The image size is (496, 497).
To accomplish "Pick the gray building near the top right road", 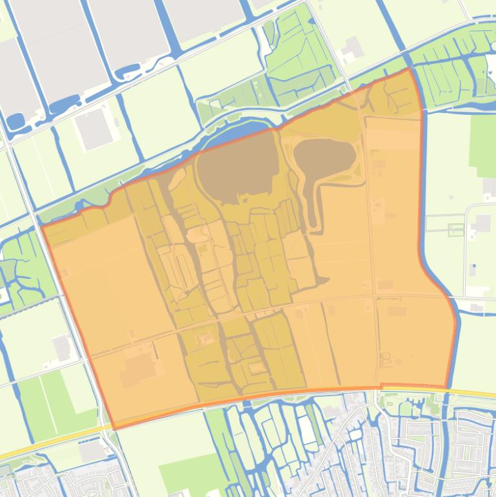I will [x=352, y=48].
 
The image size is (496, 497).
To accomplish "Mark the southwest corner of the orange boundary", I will [x=114, y=428].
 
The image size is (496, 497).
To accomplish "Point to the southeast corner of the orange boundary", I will [x=447, y=387].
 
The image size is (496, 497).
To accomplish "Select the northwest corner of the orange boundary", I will [x=43, y=226].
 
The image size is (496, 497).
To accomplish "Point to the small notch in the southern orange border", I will [x=381, y=386].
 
